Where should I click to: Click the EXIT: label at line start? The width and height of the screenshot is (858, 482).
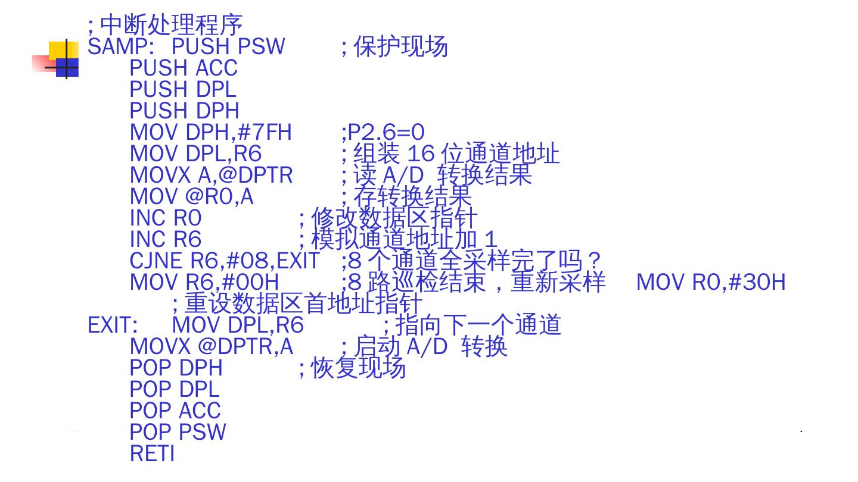click(x=113, y=325)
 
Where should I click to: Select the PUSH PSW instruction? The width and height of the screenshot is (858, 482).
click(x=228, y=46)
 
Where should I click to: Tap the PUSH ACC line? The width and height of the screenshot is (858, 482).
click(x=184, y=68)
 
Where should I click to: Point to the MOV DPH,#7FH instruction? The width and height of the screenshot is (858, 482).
click(x=210, y=132)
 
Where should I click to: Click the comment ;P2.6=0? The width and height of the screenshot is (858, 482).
click(x=383, y=132)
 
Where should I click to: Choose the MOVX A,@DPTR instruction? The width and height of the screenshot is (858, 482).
click(x=211, y=175)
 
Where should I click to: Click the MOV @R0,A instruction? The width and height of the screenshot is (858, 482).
click(x=191, y=196)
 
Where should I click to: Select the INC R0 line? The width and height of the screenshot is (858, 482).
click(x=166, y=218)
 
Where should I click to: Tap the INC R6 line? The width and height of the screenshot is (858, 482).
click(x=166, y=239)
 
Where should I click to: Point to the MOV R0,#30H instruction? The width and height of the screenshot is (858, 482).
click(x=711, y=282)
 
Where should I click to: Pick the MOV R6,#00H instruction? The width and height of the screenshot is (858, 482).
click(x=204, y=282)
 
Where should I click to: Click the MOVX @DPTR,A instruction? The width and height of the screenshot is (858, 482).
click(x=211, y=346)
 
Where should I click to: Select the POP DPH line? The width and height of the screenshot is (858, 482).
click(x=176, y=368)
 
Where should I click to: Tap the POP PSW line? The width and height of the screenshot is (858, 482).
click(x=178, y=432)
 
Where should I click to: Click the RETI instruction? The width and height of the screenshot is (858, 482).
click(x=152, y=453)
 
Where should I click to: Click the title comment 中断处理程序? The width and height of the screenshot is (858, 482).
click(x=171, y=25)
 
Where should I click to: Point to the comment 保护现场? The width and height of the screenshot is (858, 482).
click(x=400, y=46)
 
